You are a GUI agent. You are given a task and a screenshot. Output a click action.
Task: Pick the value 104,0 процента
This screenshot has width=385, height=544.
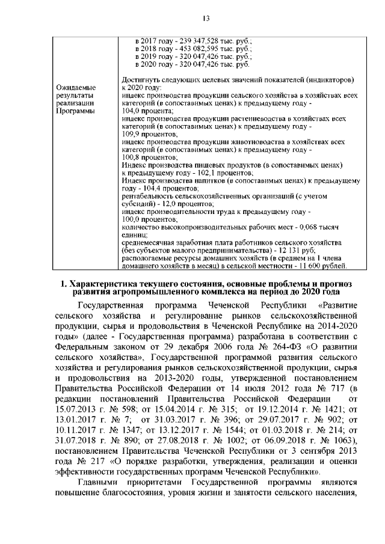(x=143, y=111)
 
